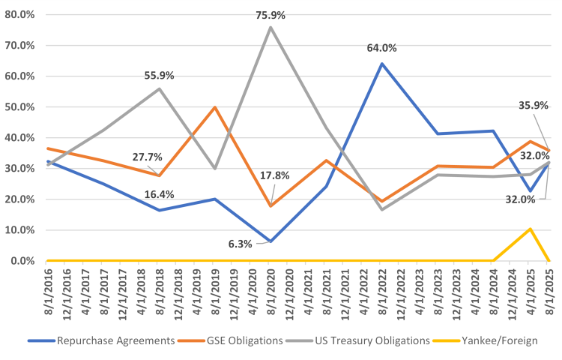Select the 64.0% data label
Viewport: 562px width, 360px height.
pos(382,48)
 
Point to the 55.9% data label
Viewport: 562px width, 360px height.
pos(159,75)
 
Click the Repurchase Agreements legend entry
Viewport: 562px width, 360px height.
pos(102,340)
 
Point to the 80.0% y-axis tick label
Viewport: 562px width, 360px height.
pos(20,14)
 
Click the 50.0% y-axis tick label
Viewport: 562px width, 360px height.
pos(20,107)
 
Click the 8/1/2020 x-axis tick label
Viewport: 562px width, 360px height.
pos(270,289)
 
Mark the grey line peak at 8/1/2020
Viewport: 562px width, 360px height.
pos(270,27)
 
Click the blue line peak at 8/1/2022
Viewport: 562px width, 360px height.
pos(382,64)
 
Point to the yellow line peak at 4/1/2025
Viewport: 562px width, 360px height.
pos(530,229)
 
